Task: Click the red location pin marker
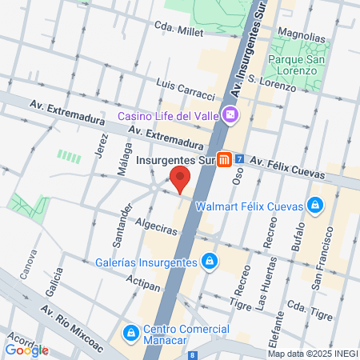click(180, 179)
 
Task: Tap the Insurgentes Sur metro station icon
click(226, 159)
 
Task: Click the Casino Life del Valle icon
click(230, 115)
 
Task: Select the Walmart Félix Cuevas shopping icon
click(315, 206)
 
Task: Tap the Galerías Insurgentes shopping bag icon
click(209, 262)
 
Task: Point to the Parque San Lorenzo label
click(293, 64)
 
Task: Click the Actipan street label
click(145, 282)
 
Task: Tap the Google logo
click(26, 350)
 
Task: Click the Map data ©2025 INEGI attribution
click(312, 354)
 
